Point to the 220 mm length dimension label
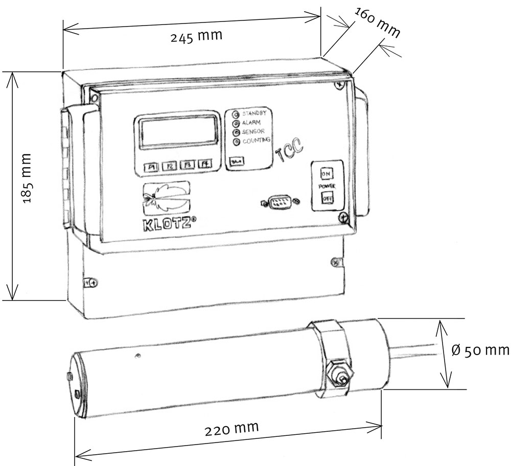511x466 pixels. pyautogui.click(x=231, y=429)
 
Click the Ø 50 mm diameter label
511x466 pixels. pyautogui.click(x=481, y=350)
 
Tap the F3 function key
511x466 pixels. pyautogui.click(x=188, y=165)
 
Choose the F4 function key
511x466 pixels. pyautogui.click(x=205, y=164)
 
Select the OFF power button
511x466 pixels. pyautogui.click(x=327, y=198)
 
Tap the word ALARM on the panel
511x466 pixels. pyautogui.click(x=251, y=123)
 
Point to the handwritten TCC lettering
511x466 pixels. pyautogui.click(x=290, y=151)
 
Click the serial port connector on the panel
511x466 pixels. pyautogui.click(x=280, y=202)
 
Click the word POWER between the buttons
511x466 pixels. pyautogui.click(x=327, y=187)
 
